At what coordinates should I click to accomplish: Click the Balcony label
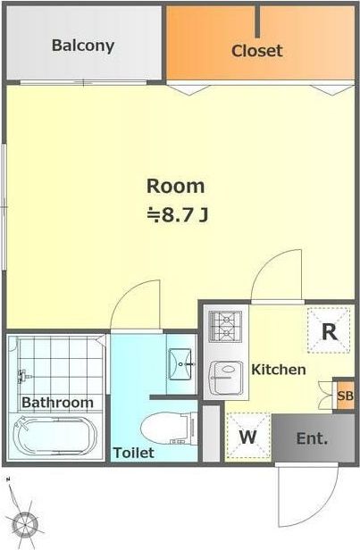click(83, 46)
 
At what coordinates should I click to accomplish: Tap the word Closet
click(257, 51)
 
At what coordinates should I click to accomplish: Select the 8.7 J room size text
click(177, 215)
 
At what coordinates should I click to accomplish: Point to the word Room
click(175, 187)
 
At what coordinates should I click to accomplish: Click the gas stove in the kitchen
click(225, 327)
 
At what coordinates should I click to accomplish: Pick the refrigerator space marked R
click(329, 330)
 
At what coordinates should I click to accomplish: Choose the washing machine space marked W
click(248, 436)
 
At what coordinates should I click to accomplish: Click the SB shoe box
click(345, 396)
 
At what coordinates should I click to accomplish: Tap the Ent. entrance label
click(312, 438)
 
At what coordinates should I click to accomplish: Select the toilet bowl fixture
click(170, 429)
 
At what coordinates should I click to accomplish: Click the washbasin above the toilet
click(180, 363)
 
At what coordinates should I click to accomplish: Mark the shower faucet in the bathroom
click(24, 377)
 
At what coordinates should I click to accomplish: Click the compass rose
click(24, 524)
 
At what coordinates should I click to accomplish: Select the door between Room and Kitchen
click(277, 276)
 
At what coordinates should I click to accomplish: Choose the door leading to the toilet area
click(136, 305)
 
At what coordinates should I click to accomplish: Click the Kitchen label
click(279, 370)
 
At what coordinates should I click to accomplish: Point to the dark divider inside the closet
click(257, 21)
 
